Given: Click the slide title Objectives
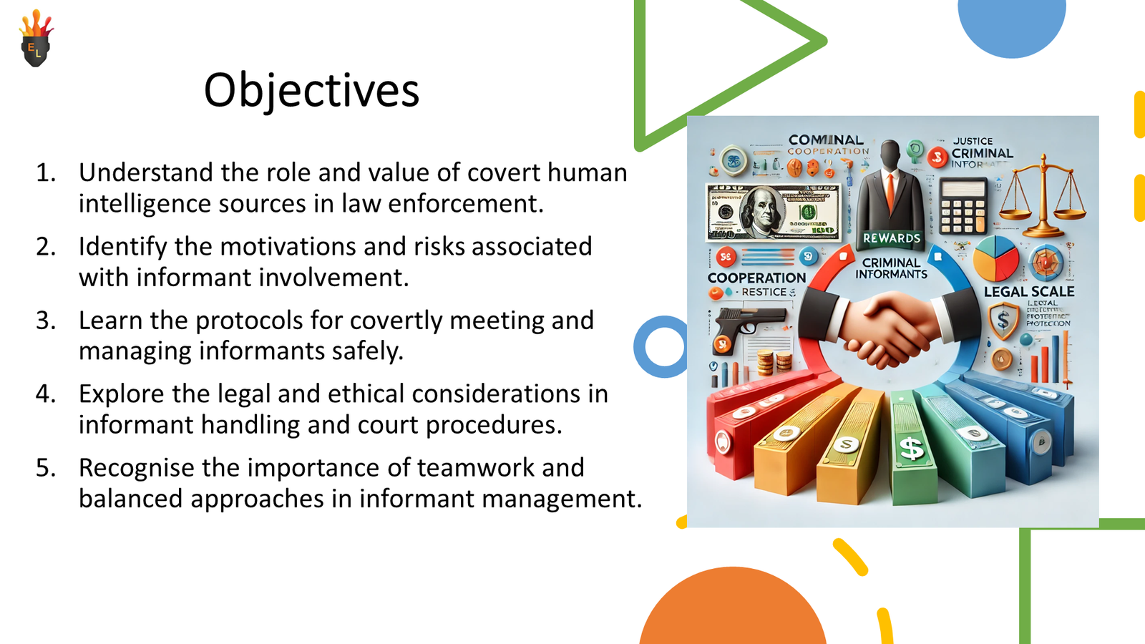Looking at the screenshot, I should pyautogui.click(x=311, y=91).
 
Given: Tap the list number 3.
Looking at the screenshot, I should pyautogui.click(x=46, y=321).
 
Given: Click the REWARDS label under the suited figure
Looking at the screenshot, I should pyautogui.click(x=892, y=238).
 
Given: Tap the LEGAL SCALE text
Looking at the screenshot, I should pyautogui.click(x=1028, y=291).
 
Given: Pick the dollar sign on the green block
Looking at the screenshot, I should pyautogui.click(x=911, y=449).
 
